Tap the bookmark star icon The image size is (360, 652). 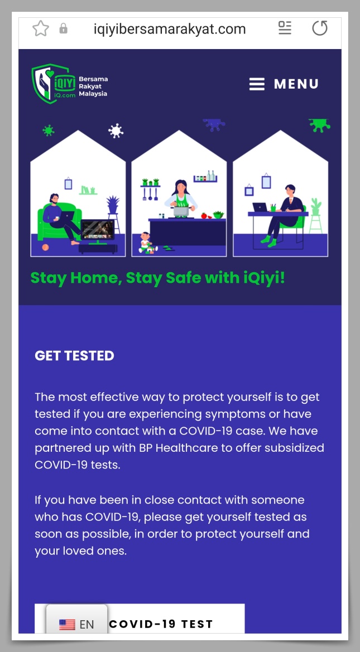click(x=40, y=28)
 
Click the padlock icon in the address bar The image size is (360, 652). click(x=63, y=28)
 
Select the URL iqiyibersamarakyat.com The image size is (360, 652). click(x=169, y=29)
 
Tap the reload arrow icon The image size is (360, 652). click(x=320, y=28)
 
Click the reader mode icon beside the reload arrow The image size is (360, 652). click(x=285, y=28)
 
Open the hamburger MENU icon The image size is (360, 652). click(x=257, y=84)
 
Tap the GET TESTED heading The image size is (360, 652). click(x=74, y=356)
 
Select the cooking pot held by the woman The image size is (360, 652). click(x=181, y=211)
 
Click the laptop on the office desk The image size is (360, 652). click(x=260, y=207)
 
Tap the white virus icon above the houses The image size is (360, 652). click(x=116, y=131)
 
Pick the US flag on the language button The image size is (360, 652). click(x=67, y=624)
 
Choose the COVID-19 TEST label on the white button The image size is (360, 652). click(x=161, y=624)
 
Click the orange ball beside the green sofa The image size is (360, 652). click(x=45, y=248)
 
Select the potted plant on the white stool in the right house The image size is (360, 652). click(x=316, y=207)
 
